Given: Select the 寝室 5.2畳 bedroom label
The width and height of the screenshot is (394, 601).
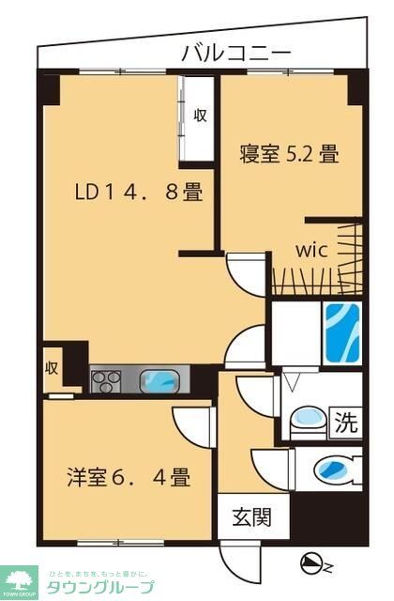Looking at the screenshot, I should [289, 153].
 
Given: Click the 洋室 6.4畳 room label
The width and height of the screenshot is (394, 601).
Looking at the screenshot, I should [129, 476].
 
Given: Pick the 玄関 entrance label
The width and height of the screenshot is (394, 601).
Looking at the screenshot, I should [251, 516].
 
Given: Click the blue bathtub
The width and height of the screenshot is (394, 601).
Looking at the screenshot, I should [341, 334].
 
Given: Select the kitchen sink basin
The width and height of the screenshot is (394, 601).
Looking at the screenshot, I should [161, 381].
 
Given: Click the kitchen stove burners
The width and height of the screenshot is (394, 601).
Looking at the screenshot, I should [104, 381].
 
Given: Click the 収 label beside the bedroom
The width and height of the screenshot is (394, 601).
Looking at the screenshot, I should [200, 116].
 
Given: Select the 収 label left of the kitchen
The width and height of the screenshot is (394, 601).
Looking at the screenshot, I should [52, 367].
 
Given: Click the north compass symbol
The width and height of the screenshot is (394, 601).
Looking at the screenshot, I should [309, 563].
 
